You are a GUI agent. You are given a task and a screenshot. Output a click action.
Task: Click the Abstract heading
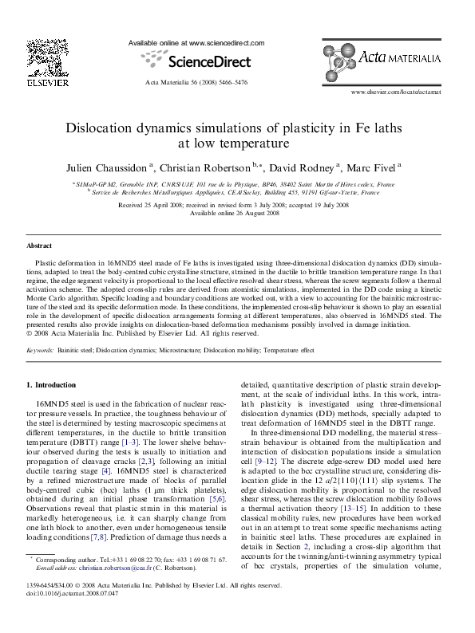39,246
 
